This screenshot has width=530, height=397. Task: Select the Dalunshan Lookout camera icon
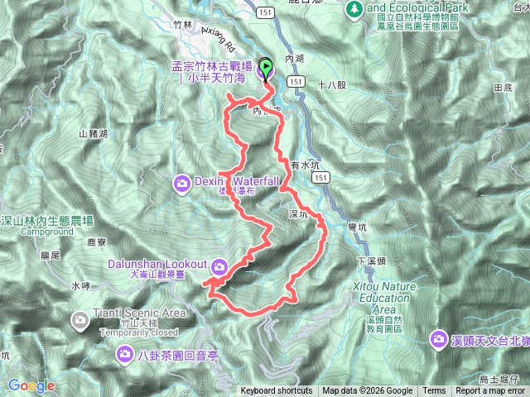219,265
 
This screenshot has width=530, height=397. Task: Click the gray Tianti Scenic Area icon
80,318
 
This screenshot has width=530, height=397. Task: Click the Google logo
31,386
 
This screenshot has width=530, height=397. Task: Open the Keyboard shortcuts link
277,391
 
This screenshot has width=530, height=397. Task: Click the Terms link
434,391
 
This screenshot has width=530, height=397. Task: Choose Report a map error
491,391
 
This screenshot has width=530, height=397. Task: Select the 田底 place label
499,87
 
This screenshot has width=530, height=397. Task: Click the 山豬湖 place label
93,134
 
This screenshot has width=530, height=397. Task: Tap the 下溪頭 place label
371,261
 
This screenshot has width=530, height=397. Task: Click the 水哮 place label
80,286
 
